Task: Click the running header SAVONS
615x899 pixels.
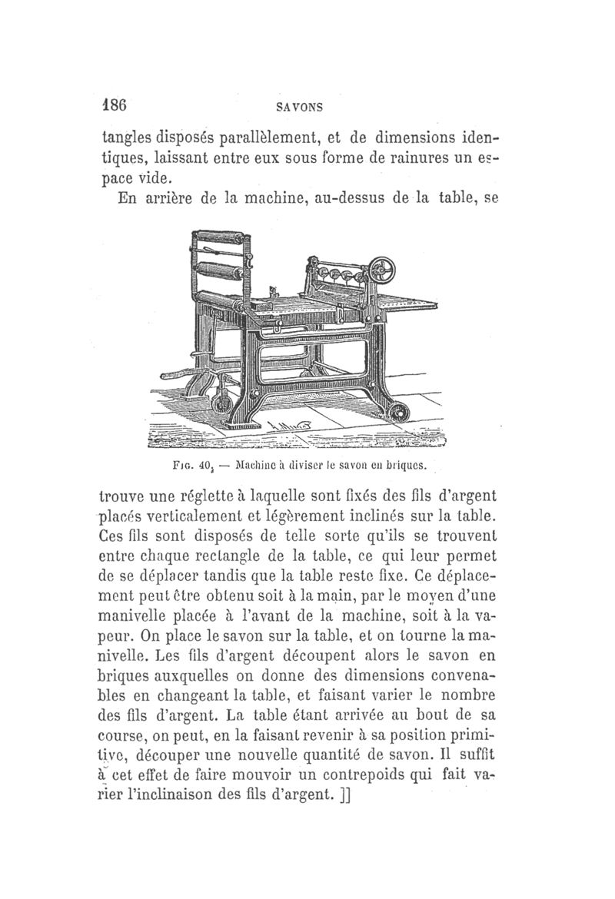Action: click(301, 108)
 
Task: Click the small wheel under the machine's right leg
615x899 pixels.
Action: click(398, 413)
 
